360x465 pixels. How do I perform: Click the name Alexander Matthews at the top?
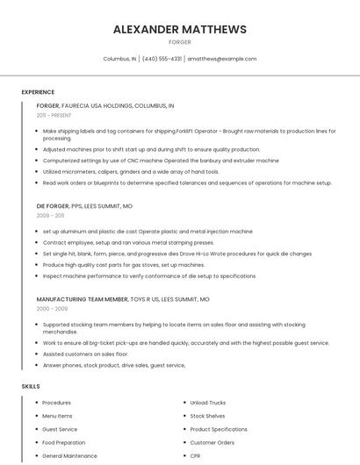pos(179,29)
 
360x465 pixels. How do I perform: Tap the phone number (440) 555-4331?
pos(162,59)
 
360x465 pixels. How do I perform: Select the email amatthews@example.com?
pos(222,59)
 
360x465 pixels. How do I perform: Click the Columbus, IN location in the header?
pos(119,59)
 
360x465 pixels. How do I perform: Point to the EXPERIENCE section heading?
pos(38,92)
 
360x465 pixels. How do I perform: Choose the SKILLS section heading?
pos(31,386)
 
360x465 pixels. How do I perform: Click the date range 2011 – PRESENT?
pos(54,115)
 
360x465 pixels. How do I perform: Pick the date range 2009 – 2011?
pos(50,215)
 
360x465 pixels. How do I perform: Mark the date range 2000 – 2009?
pos(51,309)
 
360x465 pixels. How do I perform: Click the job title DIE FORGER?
pos(52,206)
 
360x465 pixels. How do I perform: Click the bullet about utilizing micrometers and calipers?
pos(131,172)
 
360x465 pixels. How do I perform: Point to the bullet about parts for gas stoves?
pos(124,265)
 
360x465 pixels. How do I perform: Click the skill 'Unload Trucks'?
pos(207,403)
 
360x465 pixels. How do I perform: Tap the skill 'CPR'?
pos(195,456)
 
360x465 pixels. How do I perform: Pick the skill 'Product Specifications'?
pos(219,430)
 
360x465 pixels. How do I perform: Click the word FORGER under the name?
pos(179,42)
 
